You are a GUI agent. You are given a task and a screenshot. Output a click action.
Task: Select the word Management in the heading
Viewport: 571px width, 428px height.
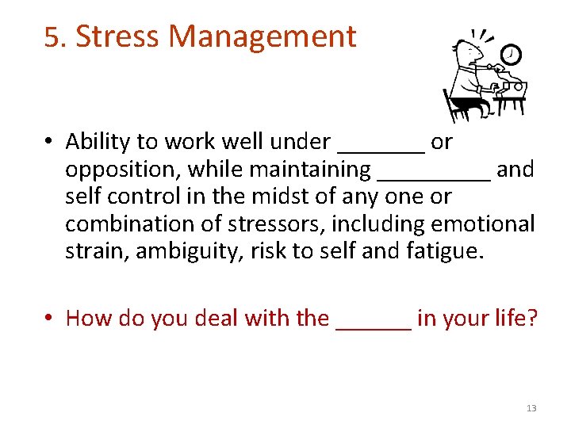[263, 37]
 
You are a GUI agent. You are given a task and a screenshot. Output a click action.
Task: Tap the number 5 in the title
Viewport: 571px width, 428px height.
[52, 37]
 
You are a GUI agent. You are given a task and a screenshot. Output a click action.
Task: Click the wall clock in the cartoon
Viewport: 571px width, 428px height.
[512, 54]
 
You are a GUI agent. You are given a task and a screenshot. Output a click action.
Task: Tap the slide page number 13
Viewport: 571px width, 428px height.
[531, 408]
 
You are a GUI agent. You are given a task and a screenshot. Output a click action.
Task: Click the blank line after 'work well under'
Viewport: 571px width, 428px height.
[381, 150]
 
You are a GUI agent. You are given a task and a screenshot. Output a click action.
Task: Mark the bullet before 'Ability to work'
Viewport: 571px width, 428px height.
[49, 143]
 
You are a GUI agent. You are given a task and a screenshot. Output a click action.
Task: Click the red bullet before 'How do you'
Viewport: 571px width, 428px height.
[49, 319]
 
